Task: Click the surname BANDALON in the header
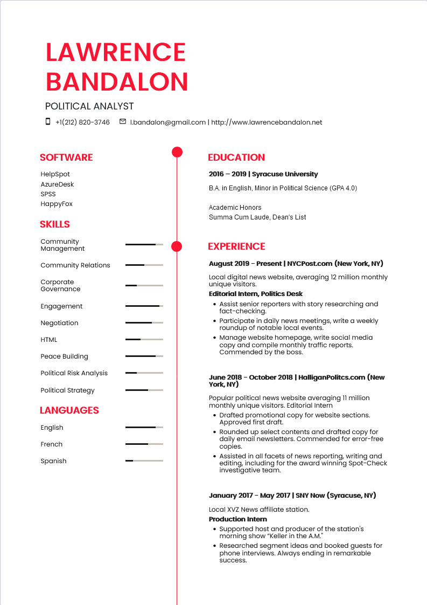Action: pyautogui.click(x=117, y=81)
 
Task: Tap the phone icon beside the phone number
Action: pyautogui.click(x=48, y=122)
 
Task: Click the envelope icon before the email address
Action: pyautogui.click(x=123, y=122)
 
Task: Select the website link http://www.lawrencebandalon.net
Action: pyautogui.click(x=267, y=122)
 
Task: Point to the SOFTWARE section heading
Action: pyautogui.click(x=66, y=157)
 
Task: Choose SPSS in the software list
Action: pyautogui.click(x=48, y=194)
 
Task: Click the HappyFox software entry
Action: pyautogui.click(x=57, y=204)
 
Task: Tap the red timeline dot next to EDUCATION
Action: pyautogui.click(x=177, y=152)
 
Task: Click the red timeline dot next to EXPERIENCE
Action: pyautogui.click(x=177, y=247)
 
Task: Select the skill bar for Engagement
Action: pyautogui.click(x=144, y=306)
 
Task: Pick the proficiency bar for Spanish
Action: pyautogui.click(x=144, y=461)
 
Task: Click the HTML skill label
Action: pyautogui.click(x=48, y=340)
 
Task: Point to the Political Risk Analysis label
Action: pyautogui.click(x=74, y=373)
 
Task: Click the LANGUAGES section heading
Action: pyautogui.click(x=69, y=410)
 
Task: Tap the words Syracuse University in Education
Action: pyautogui.click(x=285, y=174)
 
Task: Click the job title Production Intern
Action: pyautogui.click(x=237, y=519)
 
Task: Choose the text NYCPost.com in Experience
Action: pyautogui.click(x=310, y=264)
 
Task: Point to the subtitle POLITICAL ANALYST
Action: pyautogui.click(x=89, y=106)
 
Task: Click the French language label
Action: pyautogui.click(x=51, y=444)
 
